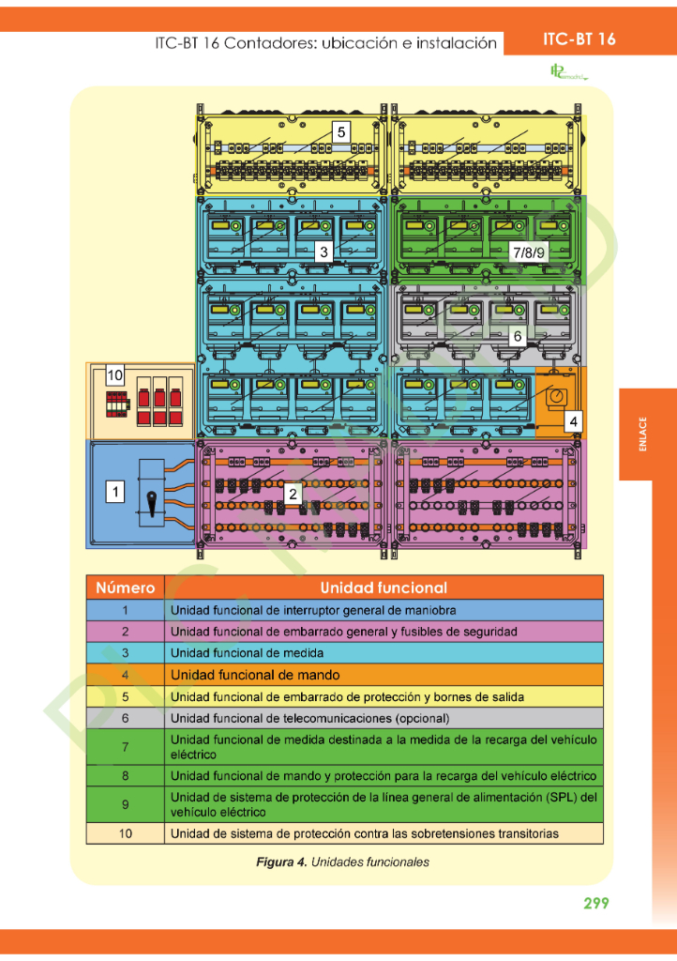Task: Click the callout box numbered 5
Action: pos(341,132)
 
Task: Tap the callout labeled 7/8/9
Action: pos(527,252)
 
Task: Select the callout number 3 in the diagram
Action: pos(323,252)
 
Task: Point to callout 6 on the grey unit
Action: pos(517,334)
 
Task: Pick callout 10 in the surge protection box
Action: pos(114,375)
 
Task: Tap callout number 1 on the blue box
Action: pos(114,490)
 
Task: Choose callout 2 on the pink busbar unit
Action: pos(293,493)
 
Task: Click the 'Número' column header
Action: pos(125,587)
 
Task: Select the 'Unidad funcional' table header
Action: pos(383,587)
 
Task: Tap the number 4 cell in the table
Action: pos(125,675)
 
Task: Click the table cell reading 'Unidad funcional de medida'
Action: pos(248,653)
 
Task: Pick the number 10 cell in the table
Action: pos(125,833)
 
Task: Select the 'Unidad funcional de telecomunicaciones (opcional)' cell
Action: pos(310,719)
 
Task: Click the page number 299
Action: pos(595,903)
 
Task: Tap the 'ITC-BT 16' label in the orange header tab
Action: pos(579,39)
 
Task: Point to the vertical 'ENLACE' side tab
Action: pos(642,435)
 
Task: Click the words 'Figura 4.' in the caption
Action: pos(281,862)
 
